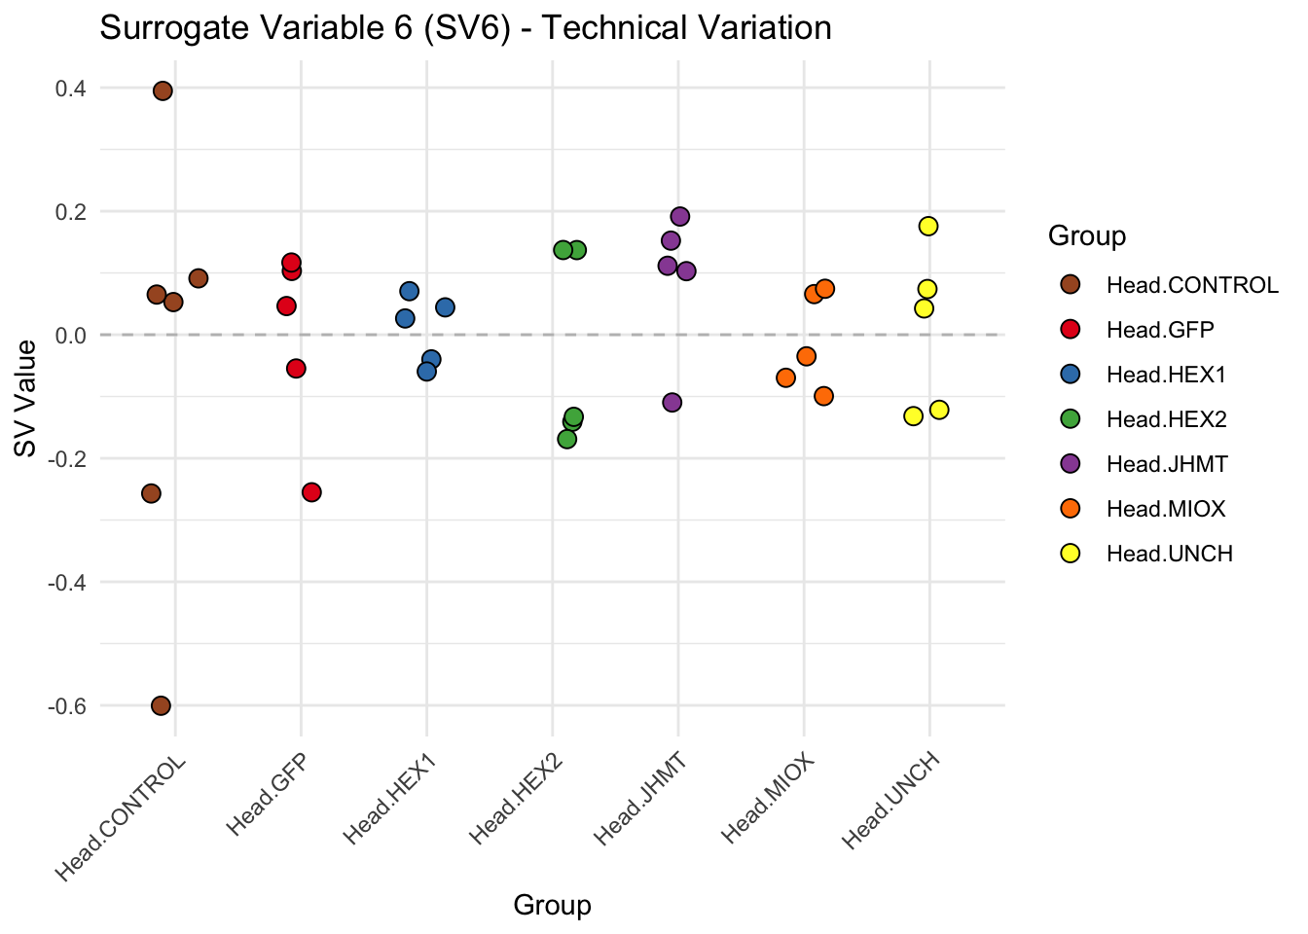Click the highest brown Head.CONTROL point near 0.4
(163, 90)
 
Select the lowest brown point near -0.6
(162, 705)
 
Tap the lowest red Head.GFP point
(311, 492)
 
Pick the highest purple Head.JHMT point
(680, 216)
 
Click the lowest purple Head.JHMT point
(672, 403)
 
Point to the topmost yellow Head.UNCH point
(928, 226)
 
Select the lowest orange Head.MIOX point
(824, 396)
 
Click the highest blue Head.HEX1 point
(410, 291)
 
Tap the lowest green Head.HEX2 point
(567, 439)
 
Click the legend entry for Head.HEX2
(1166, 419)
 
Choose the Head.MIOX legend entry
(1166, 509)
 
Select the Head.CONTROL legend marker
(1071, 285)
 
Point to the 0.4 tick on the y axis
(71, 89)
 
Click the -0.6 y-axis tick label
(67, 705)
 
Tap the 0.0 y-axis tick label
(71, 335)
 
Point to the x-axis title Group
(552, 906)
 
